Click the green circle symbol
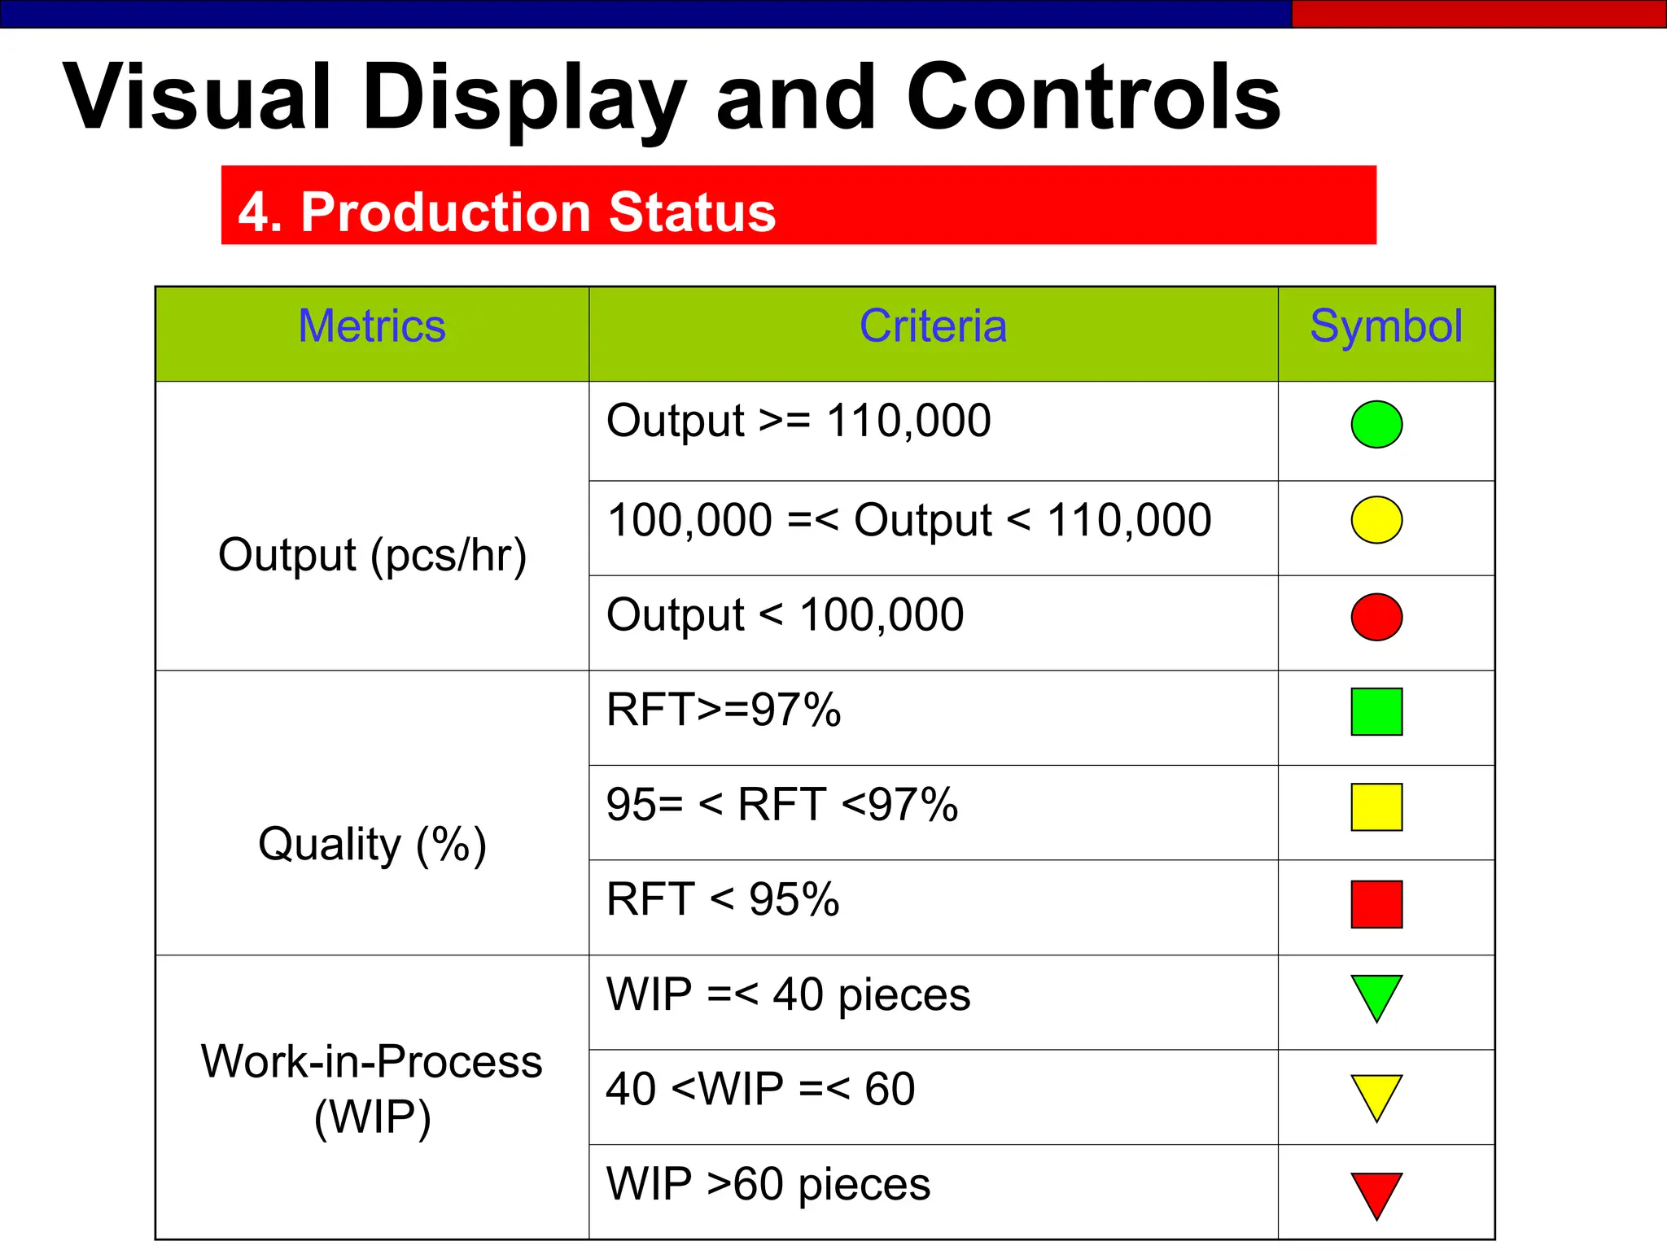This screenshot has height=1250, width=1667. [1376, 424]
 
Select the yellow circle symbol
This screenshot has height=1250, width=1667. [1376, 520]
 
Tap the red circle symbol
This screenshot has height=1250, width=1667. [1376, 617]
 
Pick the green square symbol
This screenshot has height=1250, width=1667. [1376, 712]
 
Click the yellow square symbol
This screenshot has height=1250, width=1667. [1376, 807]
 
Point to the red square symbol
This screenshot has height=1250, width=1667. [1376, 904]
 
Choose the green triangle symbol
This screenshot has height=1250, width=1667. [1376, 994]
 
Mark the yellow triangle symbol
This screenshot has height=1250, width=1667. [1376, 1094]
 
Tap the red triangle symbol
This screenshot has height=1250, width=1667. [1376, 1191]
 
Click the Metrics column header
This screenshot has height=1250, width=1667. [372, 326]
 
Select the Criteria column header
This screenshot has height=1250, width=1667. [933, 326]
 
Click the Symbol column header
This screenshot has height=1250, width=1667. [1385, 326]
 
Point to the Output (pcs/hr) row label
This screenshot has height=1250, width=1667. [372, 556]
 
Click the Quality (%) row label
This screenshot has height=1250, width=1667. [372, 844]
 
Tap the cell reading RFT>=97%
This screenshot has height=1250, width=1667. [724, 710]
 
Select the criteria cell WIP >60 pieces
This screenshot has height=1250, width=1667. [768, 1184]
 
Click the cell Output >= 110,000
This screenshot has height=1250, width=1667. [798, 422]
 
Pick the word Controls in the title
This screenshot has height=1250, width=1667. [1093, 98]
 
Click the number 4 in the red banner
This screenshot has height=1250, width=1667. [252, 213]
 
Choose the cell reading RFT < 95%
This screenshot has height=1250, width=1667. [723, 900]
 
